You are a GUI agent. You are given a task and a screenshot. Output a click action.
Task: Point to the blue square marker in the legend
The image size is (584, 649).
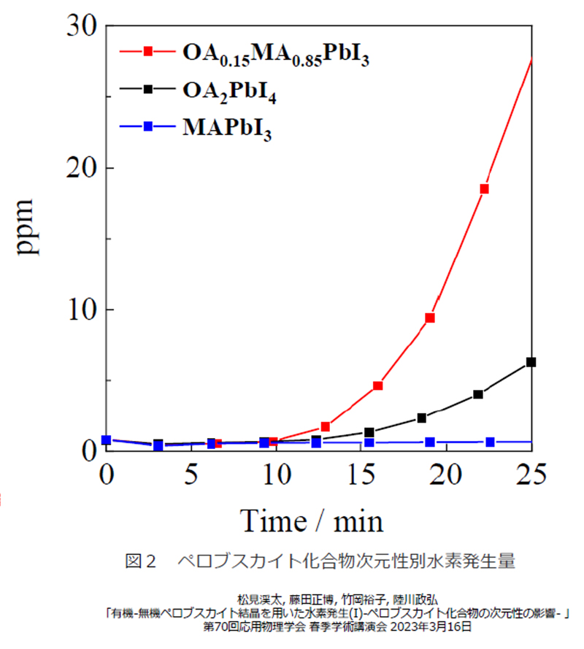[148, 126]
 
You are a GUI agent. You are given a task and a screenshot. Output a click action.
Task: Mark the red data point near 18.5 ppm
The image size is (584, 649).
[483, 189]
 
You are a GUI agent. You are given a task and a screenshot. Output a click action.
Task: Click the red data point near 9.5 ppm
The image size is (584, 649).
[430, 318]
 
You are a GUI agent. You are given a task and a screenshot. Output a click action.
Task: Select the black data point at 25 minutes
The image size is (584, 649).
[531, 362]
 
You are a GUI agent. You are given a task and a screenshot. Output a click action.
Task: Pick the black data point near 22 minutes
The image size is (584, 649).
[478, 394]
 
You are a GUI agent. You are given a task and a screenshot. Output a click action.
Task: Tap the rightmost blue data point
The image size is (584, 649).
[490, 442]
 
